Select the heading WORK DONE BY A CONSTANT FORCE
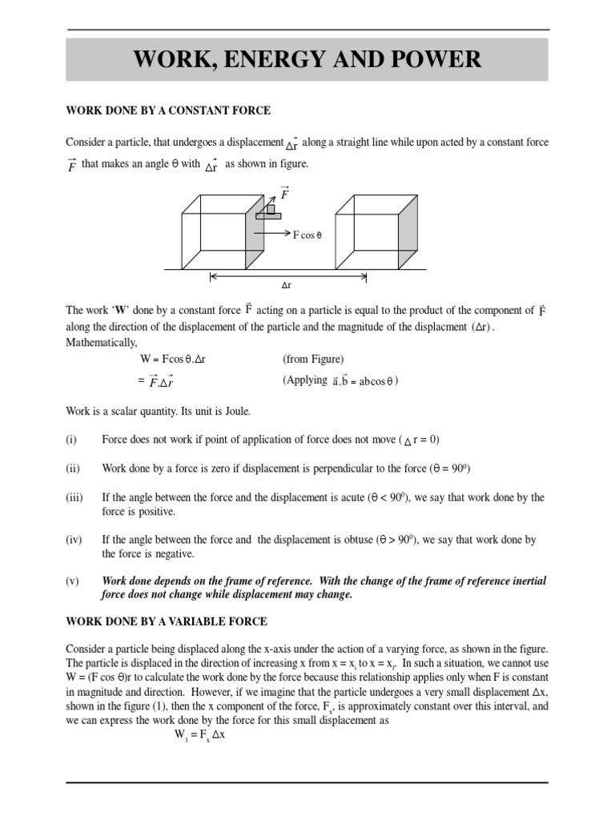tap(167, 111)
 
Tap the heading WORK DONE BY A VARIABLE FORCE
tap(167, 621)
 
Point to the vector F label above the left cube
tap(284, 192)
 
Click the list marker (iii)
tap(74, 497)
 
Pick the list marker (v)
tap(71, 581)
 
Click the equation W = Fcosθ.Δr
tap(174, 360)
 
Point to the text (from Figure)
tap(313, 360)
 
